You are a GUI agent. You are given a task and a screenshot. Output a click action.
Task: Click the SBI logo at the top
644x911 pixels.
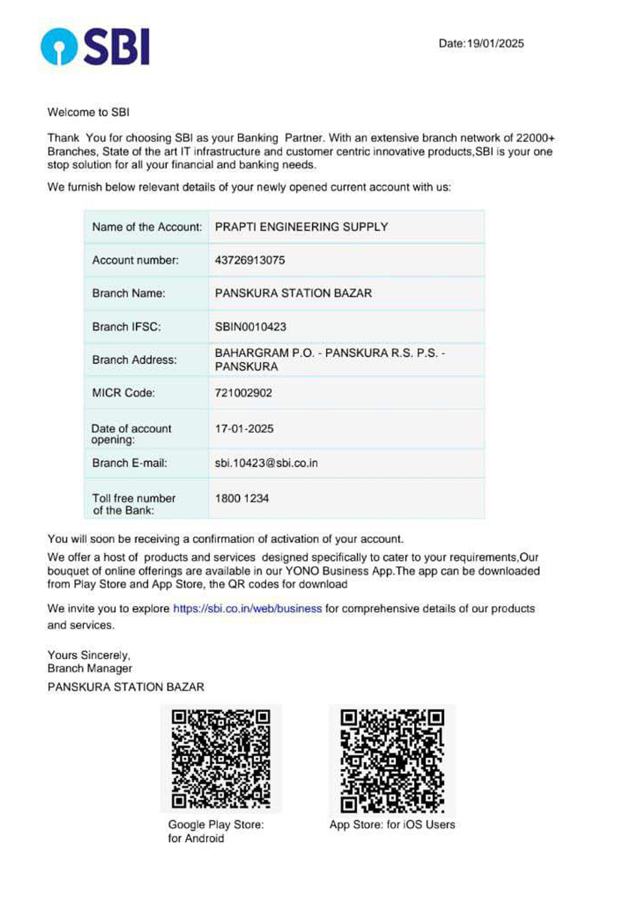click(95, 46)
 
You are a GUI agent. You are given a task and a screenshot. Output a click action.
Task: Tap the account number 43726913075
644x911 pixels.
click(250, 260)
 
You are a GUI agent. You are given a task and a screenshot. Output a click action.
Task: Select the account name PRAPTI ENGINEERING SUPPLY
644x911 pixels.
click(301, 227)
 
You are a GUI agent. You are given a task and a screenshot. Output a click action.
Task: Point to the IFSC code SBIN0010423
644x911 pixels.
click(250, 327)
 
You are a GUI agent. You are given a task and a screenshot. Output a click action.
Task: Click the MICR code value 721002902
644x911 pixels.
click(244, 393)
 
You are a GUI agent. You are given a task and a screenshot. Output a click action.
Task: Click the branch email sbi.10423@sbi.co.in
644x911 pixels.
click(266, 463)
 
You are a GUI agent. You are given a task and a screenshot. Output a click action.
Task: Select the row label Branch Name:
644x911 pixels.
click(129, 293)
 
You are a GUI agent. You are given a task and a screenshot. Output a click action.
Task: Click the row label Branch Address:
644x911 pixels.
click(134, 360)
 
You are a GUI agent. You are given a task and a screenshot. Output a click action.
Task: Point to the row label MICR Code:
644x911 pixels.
click(123, 393)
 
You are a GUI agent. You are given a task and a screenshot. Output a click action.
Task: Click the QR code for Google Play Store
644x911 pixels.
click(221, 758)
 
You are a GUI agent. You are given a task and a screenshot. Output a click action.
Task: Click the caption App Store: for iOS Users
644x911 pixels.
click(392, 825)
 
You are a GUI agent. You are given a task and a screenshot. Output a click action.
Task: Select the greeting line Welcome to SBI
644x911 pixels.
click(89, 112)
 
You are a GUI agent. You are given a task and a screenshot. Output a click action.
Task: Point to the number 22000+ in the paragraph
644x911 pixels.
click(535, 138)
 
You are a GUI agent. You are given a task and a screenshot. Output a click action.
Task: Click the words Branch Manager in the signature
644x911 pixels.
click(90, 668)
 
